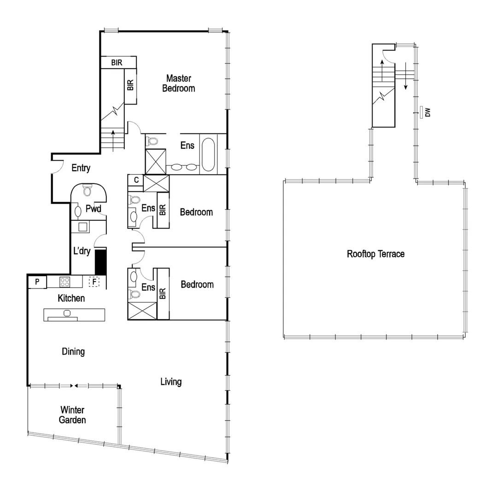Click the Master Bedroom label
178,83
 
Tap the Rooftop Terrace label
375,254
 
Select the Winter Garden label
73,415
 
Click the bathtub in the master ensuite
208,154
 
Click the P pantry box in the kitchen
37,281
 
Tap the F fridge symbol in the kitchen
94,281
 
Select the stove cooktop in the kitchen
64,281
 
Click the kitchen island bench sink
67,313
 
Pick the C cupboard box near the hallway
136,180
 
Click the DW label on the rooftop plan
427,112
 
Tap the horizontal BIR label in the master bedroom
117,63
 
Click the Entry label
81,168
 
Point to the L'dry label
82,252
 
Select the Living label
171,381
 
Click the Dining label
73,352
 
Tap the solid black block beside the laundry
100,262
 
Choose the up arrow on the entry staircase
113,136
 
